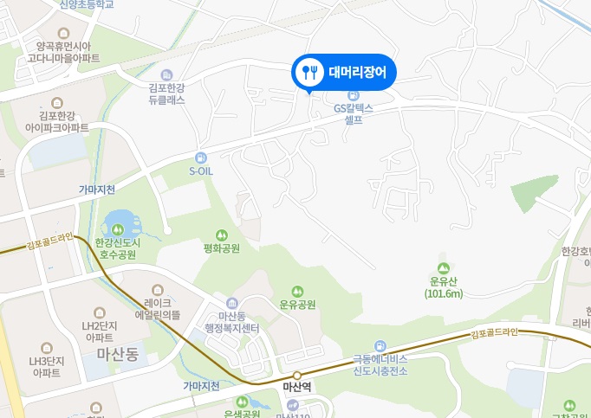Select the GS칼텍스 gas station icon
pyautogui.click(x=353, y=94)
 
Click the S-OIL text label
pyautogui.click(x=200, y=171)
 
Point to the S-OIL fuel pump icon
pyautogui.click(x=201, y=158)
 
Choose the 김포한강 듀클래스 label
pyautogui.click(x=166, y=93)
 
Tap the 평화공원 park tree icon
pyautogui.click(x=221, y=234)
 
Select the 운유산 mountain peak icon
pyautogui.click(x=444, y=267)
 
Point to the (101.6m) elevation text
pyautogui.click(x=444, y=293)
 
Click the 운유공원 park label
pyautogui.click(x=297, y=305)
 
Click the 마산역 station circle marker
pyautogui.click(x=296, y=375)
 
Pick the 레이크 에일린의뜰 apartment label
pyautogui.click(x=158, y=309)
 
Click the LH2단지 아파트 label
pyautogui.click(x=101, y=331)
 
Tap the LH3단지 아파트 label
pyautogui.click(x=44, y=368)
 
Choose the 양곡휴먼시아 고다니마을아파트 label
pyautogui.click(x=62, y=52)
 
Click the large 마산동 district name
pyautogui.click(x=118, y=353)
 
